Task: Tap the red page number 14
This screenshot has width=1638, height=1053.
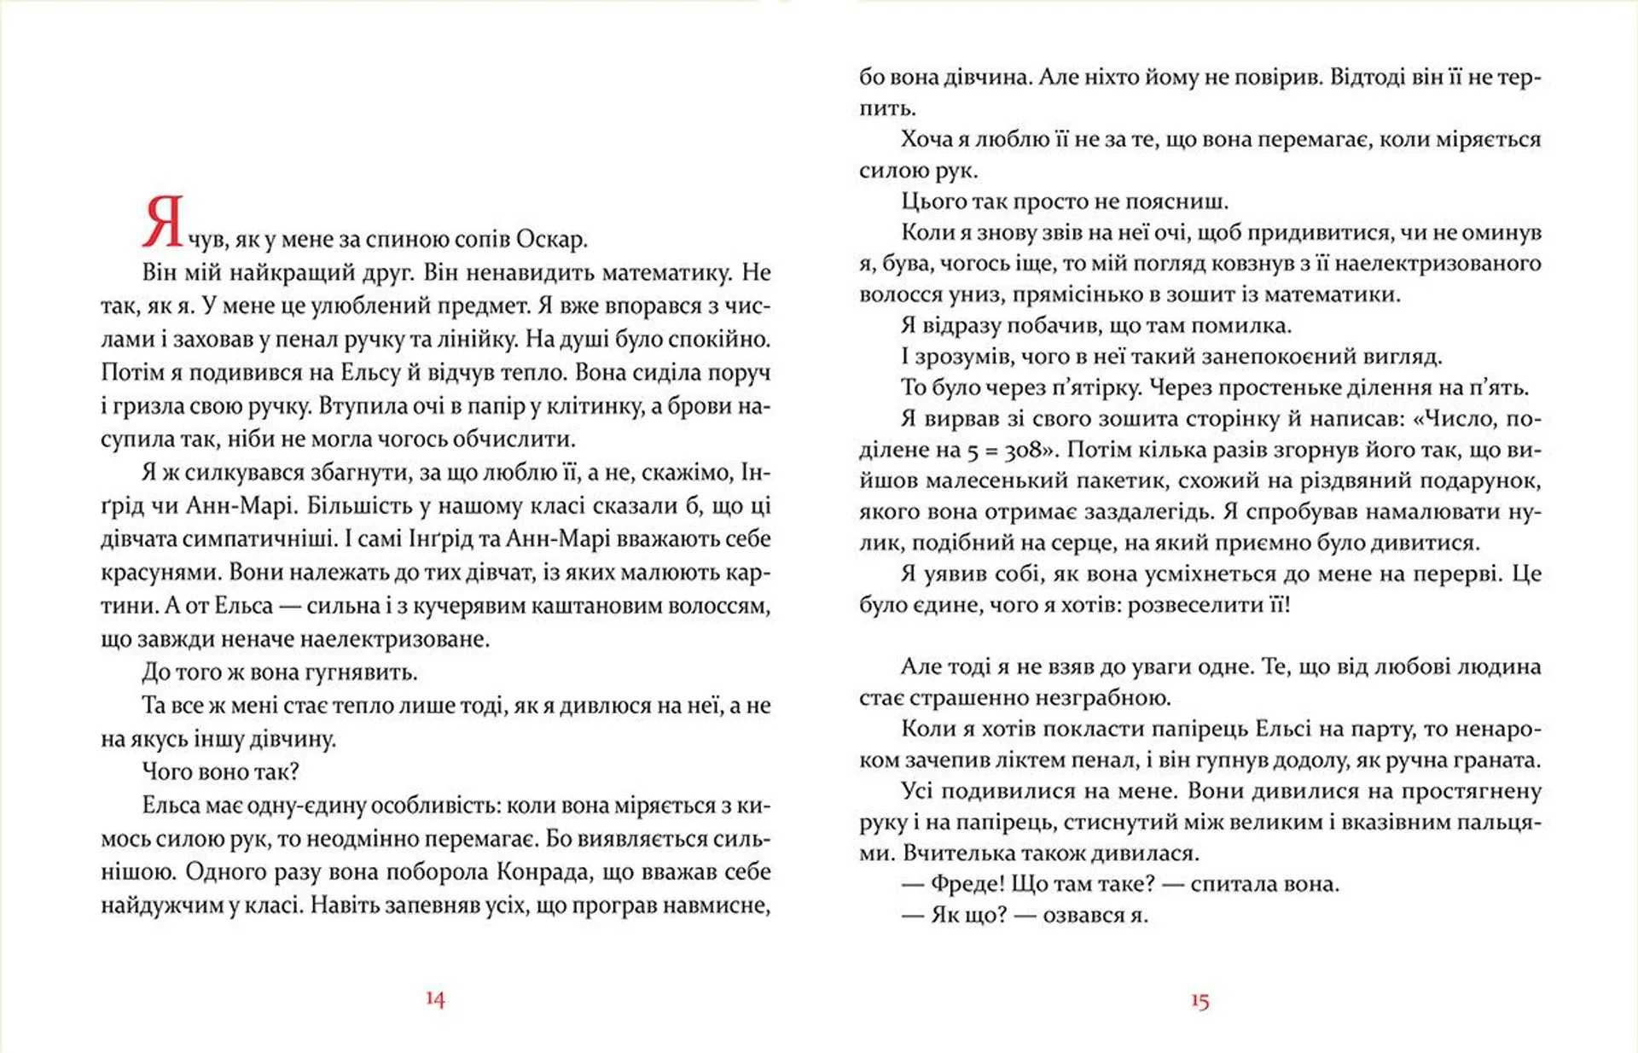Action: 435,999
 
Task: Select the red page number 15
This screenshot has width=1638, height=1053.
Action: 1199,1001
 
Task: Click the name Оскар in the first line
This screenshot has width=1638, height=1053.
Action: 550,240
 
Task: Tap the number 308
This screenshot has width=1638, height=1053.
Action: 1023,450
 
